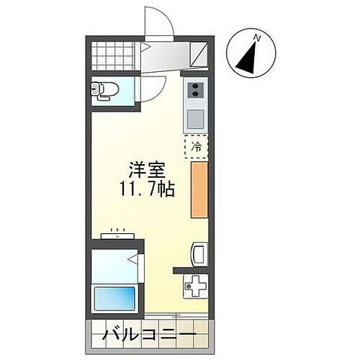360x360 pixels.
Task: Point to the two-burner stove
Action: pyautogui.click(x=195, y=91)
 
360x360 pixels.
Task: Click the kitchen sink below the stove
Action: pyautogui.click(x=195, y=117)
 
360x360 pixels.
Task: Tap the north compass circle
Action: pyautogui.click(x=250, y=53)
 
